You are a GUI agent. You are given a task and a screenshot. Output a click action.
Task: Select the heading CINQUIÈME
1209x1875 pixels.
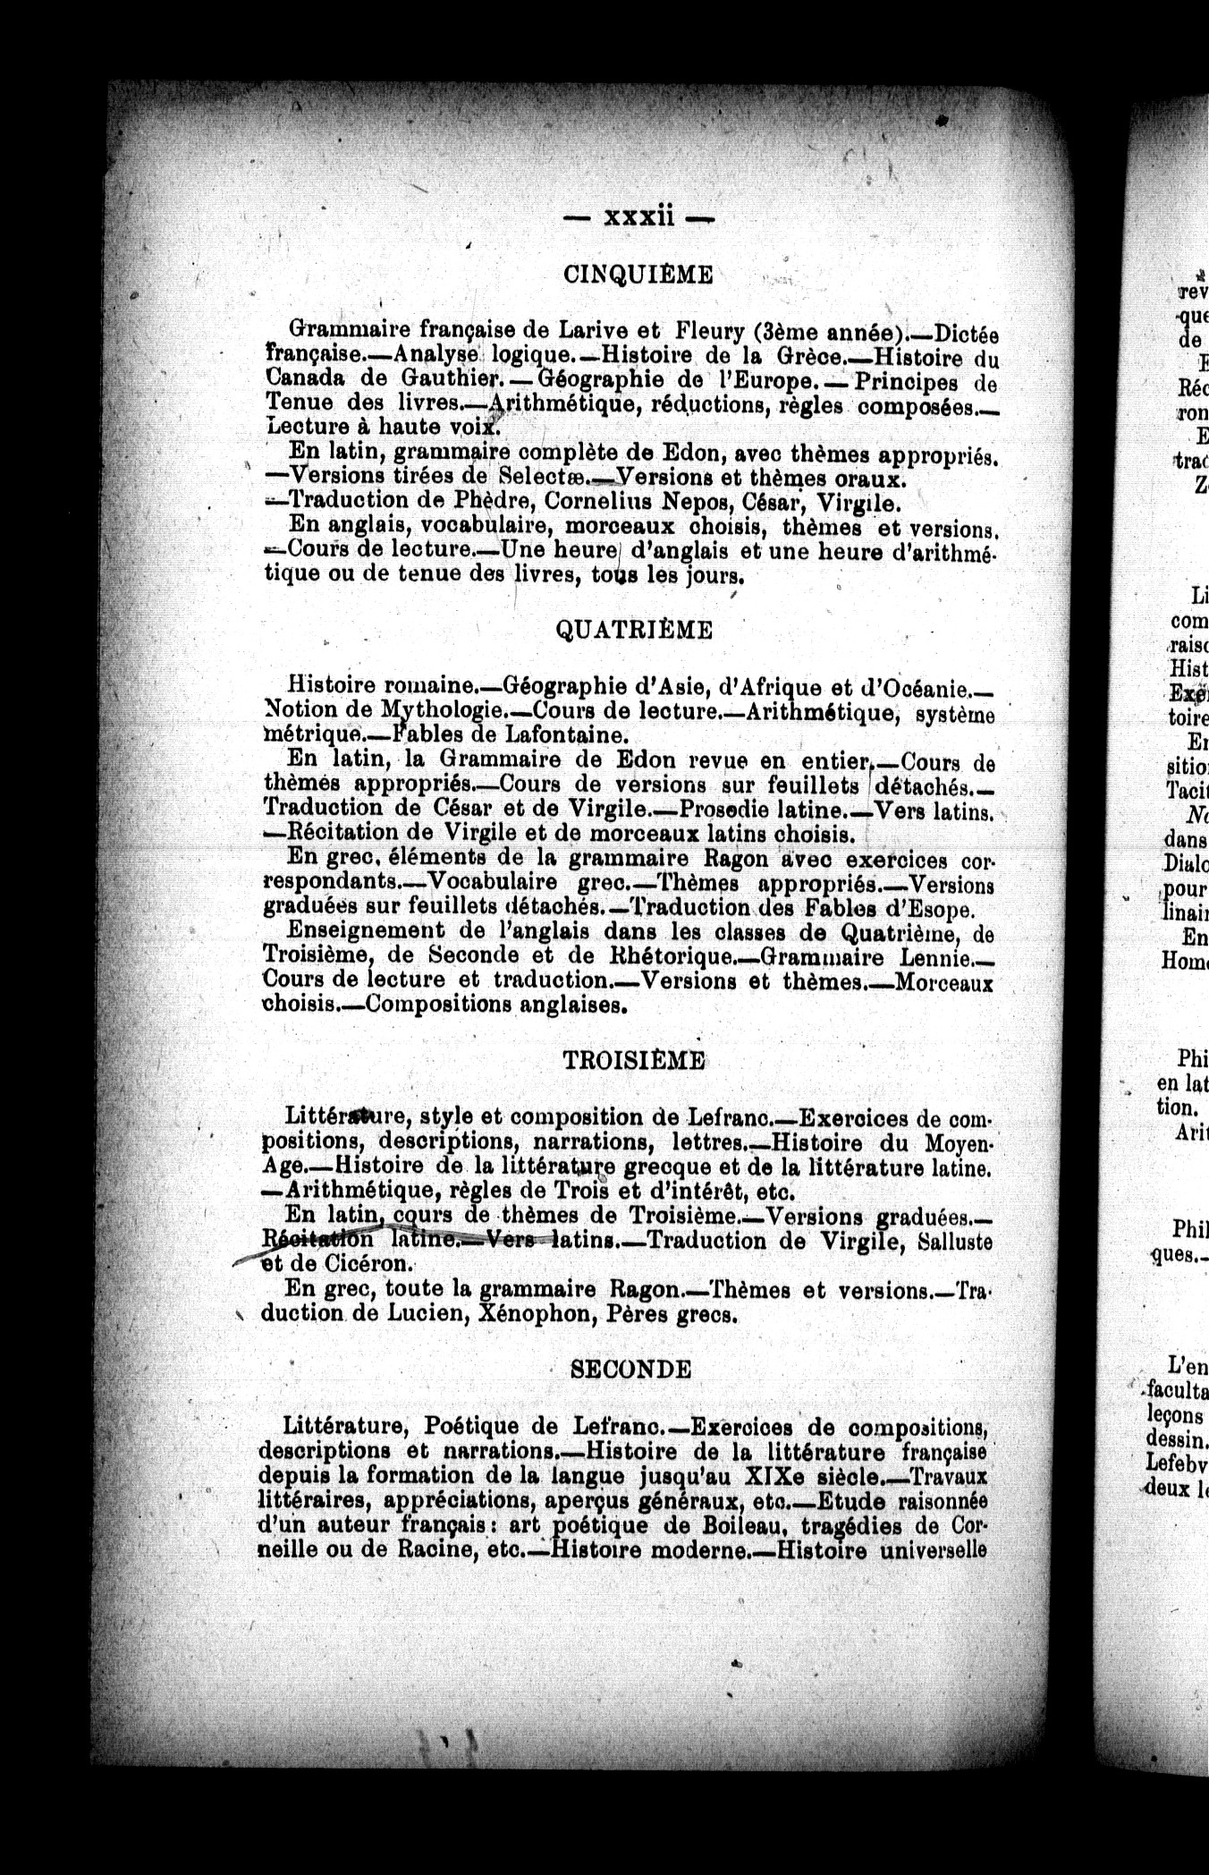click(638, 276)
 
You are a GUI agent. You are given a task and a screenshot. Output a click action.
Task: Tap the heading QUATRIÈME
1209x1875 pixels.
click(635, 631)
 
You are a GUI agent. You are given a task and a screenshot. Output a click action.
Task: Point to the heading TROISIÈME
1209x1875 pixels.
click(635, 1061)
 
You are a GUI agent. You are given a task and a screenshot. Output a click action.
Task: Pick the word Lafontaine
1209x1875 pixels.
click(568, 736)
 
